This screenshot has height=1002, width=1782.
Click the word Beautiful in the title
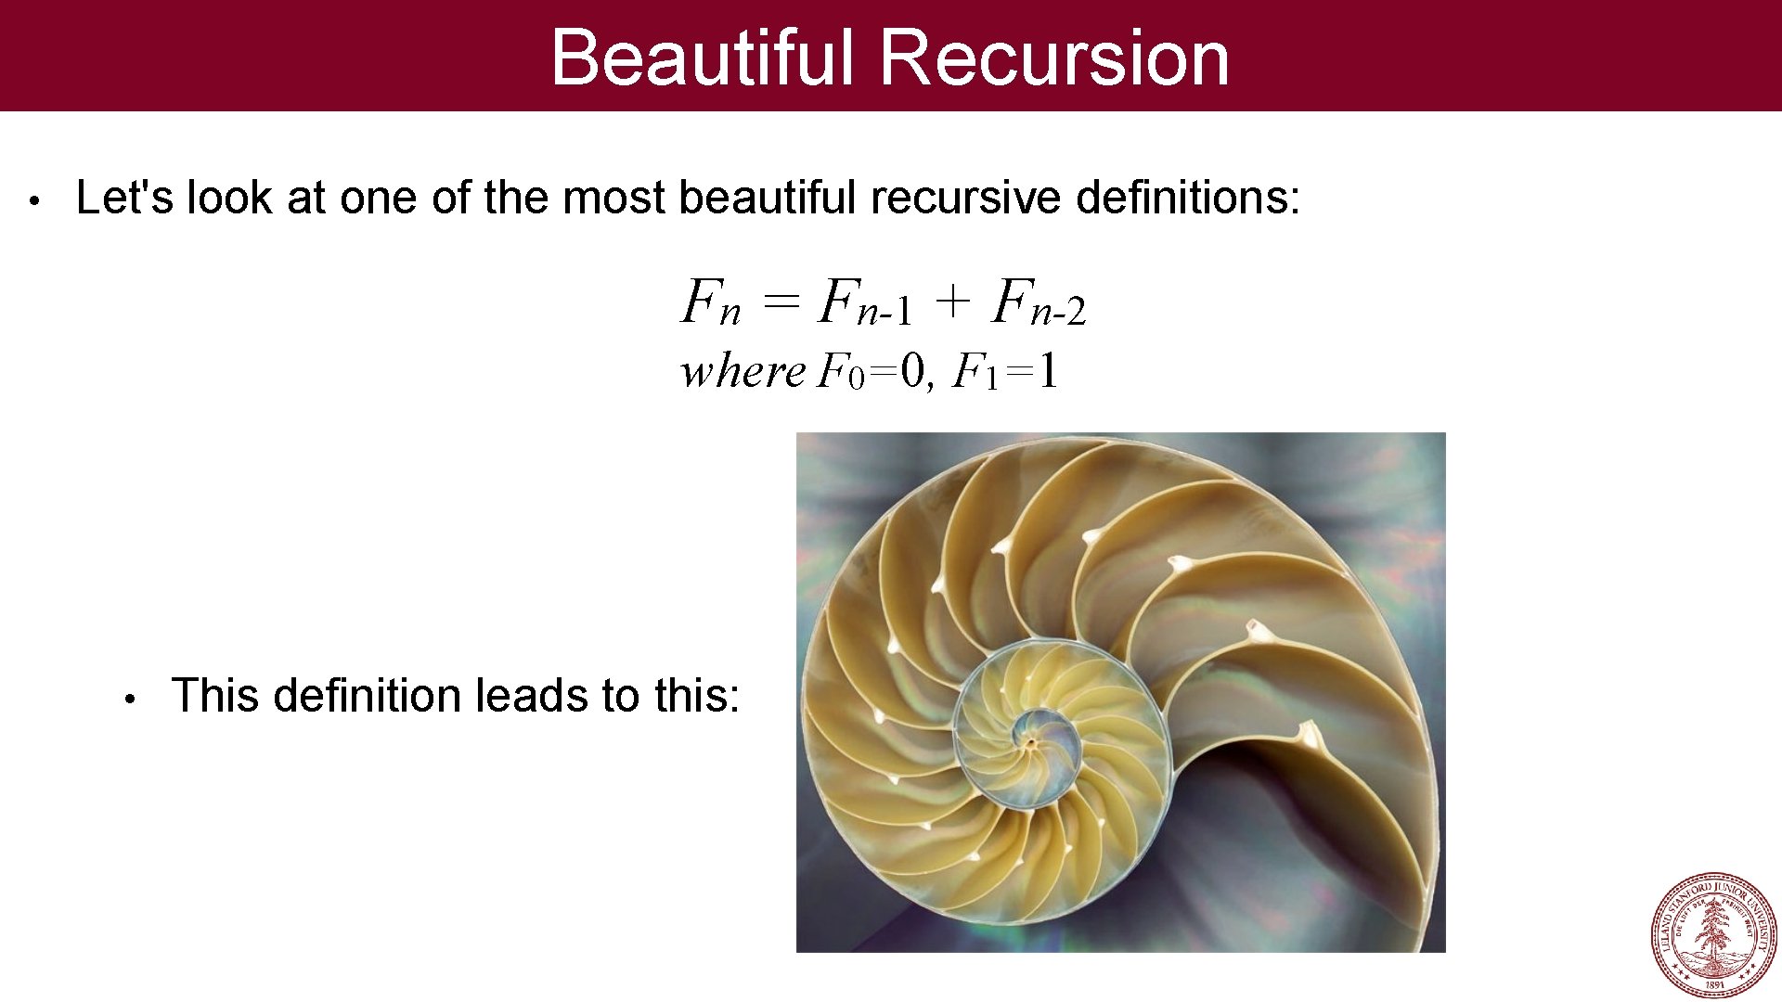[702, 58]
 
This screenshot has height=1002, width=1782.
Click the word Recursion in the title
[1054, 58]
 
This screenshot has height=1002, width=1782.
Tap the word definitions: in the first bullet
[1188, 198]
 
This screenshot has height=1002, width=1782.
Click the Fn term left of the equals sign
[710, 303]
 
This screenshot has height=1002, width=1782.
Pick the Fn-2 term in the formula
[1038, 303]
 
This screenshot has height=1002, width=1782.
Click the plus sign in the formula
[952, 302]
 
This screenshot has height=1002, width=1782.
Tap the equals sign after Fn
[780, 302]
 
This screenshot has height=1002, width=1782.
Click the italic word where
[742, 372]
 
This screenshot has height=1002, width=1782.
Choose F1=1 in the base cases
[1006, 372]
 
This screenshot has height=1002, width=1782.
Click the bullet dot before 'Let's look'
[32, 200]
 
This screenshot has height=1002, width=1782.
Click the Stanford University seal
[1713, 935]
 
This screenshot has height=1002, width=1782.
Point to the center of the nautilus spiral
[1030, 741]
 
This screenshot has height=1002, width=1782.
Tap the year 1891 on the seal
[1714, 984]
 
